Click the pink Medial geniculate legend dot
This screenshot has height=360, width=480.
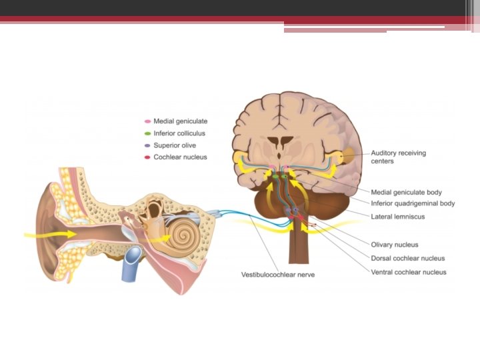[x=147, y=122]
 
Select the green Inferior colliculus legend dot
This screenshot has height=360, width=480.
[x=147, y=134]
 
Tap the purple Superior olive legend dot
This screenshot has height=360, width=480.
[x=147, y=146]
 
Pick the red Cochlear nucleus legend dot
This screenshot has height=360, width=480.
[x=147, y=158]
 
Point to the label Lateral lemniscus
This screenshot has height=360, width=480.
[x=398, y=217]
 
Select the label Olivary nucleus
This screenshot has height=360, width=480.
[x=395, y=245]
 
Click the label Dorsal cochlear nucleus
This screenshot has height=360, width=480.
[x=408, y=259]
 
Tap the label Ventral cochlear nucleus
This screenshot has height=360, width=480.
[x=409, y=272]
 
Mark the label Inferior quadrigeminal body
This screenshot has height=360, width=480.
[x=413, y=203]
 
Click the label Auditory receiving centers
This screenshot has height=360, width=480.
[x=398, y=157]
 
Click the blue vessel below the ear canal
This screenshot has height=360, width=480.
[x=130, y=264]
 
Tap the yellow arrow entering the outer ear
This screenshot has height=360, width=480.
[x=50, y=235]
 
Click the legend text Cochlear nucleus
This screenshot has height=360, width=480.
[x=181, y=158]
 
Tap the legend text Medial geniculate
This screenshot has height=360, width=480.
[x=181, y=122]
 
